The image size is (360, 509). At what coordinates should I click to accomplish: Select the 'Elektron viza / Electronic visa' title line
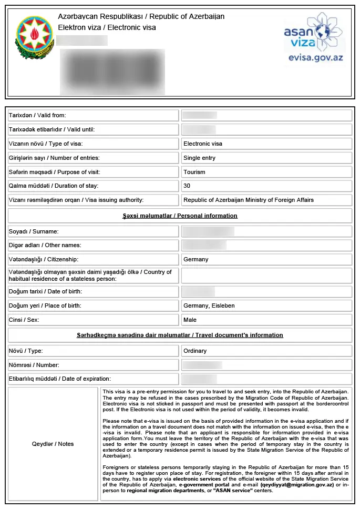(x=107, y=27)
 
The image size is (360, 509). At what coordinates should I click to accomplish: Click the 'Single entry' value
(x=199, y=158)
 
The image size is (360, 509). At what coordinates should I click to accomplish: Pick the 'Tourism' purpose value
(x=194, y=172)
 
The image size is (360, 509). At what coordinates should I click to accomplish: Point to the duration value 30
(x=187, y=186)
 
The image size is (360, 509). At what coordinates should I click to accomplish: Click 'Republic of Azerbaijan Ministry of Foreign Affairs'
(x=249, y=200)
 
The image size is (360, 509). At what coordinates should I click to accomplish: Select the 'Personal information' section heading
(x=180, y=216)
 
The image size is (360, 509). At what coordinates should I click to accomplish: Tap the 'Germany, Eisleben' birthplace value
(x=209, y=306)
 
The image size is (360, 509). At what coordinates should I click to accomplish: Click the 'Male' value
(x=190, y=320)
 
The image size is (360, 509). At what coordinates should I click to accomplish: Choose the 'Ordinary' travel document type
(x=195, y=351)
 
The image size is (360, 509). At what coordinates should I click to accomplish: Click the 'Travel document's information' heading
(x=180, y=335)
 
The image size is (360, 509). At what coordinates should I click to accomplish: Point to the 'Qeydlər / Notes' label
(x=53, y=444)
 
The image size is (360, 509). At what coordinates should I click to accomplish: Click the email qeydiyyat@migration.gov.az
(x=297, y=484)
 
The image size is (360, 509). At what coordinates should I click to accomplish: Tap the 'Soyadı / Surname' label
(x=34, y=231)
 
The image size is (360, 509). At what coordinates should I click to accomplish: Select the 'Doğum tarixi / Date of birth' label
(x=45, y=291)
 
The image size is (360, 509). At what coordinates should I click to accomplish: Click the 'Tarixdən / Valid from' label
(x=37, y=115)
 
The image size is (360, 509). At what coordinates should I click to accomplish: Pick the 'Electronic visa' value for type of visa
(x=203, y=144)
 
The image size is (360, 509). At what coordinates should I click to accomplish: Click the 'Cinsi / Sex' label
(x=24, y=320)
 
